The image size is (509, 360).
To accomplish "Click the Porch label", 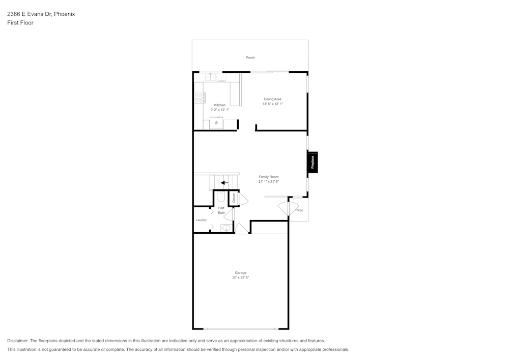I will coord(250,58).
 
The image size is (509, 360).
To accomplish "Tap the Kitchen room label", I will coord(219,105).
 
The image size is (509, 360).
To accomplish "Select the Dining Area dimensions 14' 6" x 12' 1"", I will coord(272,104).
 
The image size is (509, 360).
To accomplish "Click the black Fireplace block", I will coord(313,162).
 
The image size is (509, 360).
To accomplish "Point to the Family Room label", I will coord(268,177).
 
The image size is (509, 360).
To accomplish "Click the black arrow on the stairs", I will coord(224,182).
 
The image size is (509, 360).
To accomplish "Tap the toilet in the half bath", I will coord(220,196).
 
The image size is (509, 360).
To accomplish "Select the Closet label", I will coord(234,198).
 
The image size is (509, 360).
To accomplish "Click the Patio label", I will coord(299,210).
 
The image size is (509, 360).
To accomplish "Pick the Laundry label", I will coord(201,220).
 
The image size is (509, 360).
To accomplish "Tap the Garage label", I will coord(240,272).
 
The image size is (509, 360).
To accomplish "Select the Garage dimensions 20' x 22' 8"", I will coord(240,278).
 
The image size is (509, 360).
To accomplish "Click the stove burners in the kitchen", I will coord(199,97).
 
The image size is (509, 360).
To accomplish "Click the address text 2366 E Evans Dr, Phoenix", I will coord(41,14).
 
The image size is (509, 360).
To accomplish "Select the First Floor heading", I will coord(20,23).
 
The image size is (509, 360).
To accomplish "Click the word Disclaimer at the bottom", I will coord(18,341).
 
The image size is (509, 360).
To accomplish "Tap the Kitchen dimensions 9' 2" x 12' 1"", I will coord(219,109).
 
